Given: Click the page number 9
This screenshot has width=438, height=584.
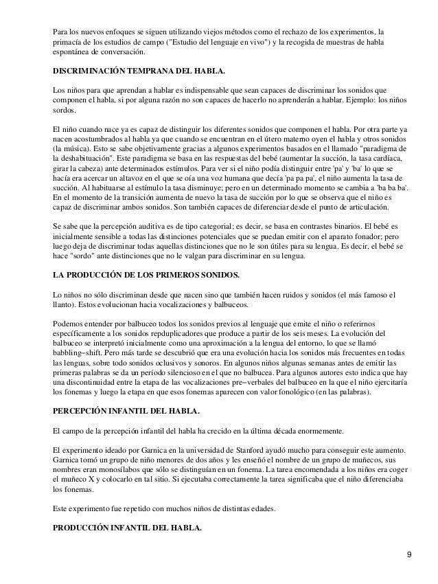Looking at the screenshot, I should (408, 554).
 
